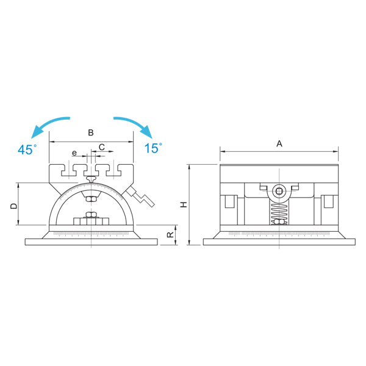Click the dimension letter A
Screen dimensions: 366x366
pyautogui.click(x=279, y=143)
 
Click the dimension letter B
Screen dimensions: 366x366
pyautogui.click(x=91, y=132)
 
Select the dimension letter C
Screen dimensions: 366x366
pyautogui.click(x=101, y=147)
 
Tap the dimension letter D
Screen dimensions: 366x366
pyautogui.click(x=14, y=206)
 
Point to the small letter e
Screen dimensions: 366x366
pyautogui.click(x=74, y=153)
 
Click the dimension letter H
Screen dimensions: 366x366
pyautogui.click(x=184, y=205)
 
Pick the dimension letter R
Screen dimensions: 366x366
pyautogui.click(x=170, y=235)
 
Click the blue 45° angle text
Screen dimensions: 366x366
pyautogui.click(x=27, y=149)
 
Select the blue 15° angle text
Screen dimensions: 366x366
pyautogui.click(x=153, y=148)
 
